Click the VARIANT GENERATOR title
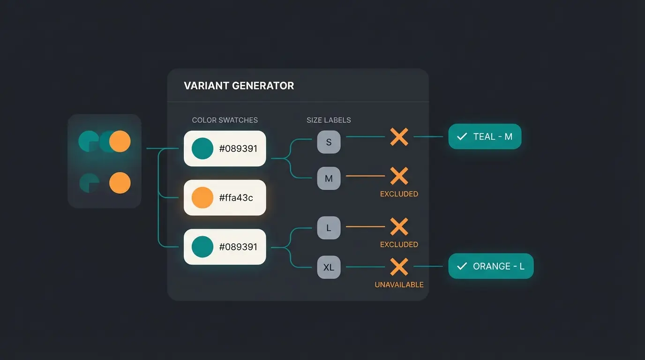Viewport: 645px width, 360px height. [x=239, y=86]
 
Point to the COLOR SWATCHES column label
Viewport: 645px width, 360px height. [x=225, y=120]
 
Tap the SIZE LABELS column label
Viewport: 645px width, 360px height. [x=329, y=120]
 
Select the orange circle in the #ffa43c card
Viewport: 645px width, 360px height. [x=202, y=197]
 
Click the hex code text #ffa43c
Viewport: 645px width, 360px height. [x=236, y=198]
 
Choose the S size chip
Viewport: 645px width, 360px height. [x=329, y=142]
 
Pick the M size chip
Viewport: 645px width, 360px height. [x=329, y=178]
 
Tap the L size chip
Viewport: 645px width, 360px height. [x=329, y=228]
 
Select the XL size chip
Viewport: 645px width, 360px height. [x=329, y=267]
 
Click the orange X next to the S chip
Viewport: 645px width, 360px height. [x=399, y=137]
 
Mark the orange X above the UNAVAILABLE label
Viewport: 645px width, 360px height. [x=399, y=267]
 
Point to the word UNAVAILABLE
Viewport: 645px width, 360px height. [x=399, y=285]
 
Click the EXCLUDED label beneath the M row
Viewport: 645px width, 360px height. [x=399, y=194]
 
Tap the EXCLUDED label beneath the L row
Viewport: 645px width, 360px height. [x=399, y=244]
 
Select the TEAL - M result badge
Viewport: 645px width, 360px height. [x=485, y=136]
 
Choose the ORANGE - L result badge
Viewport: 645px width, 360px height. [x=491, y=266]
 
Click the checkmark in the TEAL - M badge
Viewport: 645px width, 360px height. [x=462, y=136]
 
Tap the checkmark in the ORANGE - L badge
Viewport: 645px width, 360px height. [x=462, y=266]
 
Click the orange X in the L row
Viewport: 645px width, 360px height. [x=399, y=227]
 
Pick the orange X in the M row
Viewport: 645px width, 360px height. [x=399, y=176]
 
